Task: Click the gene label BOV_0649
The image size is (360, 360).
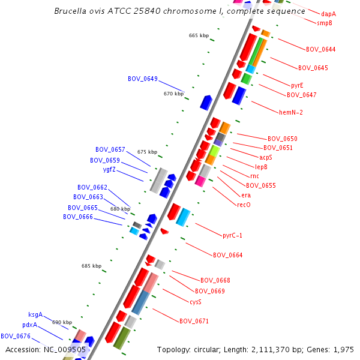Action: (143, 79)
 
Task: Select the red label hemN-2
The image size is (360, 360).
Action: (291, 112)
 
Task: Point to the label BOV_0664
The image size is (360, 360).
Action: (228, 256)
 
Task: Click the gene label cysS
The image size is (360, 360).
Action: (196, 302)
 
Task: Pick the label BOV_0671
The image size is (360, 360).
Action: (194, 322)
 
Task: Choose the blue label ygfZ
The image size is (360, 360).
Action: (113, 169)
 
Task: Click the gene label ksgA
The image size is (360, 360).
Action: (35, 314)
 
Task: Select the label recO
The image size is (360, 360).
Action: (244, 205)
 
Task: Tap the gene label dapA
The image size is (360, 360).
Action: (328, 14)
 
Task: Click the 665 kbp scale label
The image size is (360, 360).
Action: (199, 36)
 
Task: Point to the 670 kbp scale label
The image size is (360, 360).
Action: (173, 94)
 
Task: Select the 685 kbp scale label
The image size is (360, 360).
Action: (92, 266)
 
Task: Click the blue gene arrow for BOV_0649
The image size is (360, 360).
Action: (206, 103)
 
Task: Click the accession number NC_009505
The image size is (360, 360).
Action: (66, 349)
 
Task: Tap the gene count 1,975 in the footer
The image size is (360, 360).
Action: (344, 349)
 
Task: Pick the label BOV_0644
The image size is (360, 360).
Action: (321, 49)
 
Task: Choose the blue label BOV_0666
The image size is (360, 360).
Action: (78, 217)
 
